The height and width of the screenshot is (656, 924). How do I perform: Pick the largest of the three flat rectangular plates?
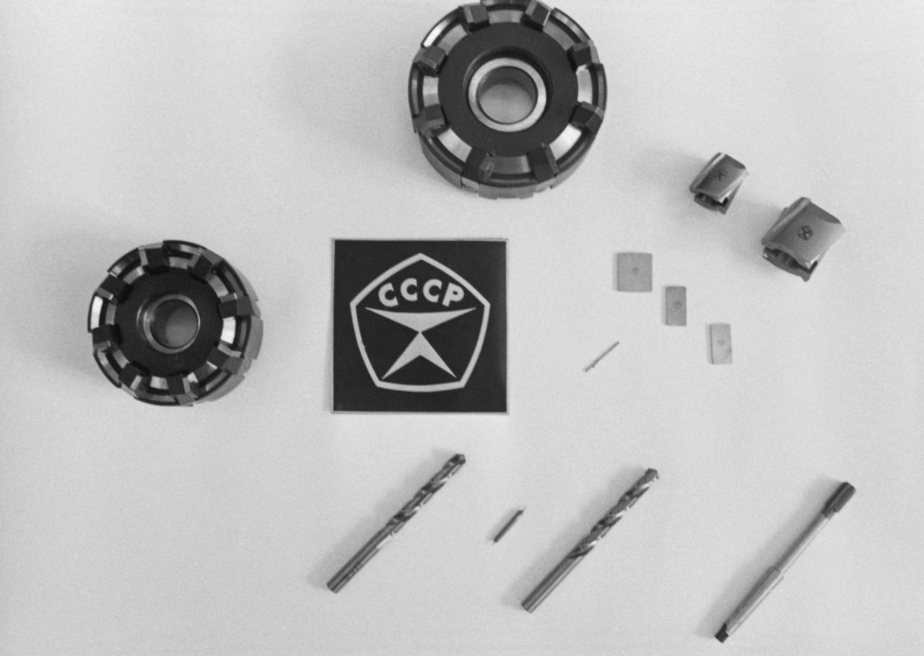[635, 272]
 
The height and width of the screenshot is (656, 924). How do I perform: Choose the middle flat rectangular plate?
[676, 305]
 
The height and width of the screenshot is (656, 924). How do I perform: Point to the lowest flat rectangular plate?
[720, 344]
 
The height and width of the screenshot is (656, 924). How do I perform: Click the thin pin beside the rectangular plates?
[601, 357]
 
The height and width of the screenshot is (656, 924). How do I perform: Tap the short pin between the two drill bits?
[508, 525]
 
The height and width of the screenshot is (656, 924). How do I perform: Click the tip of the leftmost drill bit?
[461, 458]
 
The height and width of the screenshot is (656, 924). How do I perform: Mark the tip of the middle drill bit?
[654, 473]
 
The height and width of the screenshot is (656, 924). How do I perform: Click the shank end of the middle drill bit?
[528, 605]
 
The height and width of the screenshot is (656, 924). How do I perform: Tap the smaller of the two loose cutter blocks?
[718, 183]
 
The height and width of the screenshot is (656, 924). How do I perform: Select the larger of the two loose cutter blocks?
[803, 238]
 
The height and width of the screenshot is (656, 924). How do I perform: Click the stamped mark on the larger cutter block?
[805, 233]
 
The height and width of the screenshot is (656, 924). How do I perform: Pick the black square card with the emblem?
[420, 325]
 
